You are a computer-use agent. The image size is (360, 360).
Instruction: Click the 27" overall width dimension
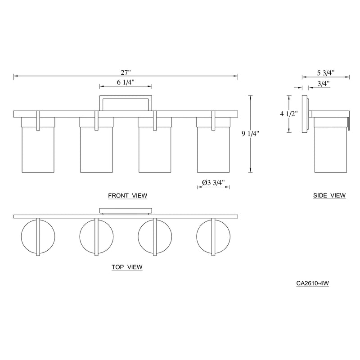click(126, 72)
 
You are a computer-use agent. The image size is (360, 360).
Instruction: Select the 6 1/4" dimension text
click(126, 82)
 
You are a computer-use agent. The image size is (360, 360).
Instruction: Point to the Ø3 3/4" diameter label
click(214, 183)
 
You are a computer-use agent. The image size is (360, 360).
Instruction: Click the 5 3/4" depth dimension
click(326, 72)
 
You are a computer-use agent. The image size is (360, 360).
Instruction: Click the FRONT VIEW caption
click(128, 195)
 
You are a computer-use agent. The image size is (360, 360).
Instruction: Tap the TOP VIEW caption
click(127, 267)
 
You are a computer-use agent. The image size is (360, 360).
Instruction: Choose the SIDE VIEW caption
click(329, 195)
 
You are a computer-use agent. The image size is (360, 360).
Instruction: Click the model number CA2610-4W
click(314, 284)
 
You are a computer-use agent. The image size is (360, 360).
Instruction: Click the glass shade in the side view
click(331, 148)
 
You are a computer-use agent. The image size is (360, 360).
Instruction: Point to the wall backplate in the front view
click(126, 102)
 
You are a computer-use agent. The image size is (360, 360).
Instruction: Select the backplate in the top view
click(126, 211)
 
